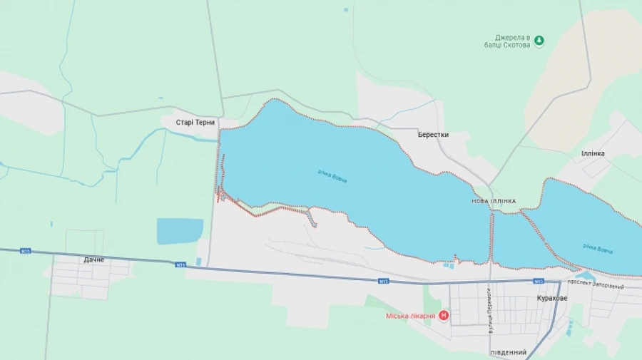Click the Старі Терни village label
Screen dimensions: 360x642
click(195, 123)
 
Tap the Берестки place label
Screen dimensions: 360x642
click(433, 135)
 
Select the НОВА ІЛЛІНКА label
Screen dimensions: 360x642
click(494, 202)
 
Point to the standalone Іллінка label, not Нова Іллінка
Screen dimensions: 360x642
click(592, 153)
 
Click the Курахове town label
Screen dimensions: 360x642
click(551, 298)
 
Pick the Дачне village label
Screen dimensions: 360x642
click(93, 259)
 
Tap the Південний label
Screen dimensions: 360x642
click(509, 353)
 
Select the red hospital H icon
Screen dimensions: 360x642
click(444, 315)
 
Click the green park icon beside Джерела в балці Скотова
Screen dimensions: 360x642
click(539, 41)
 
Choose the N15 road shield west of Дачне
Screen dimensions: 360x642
click(26, 251)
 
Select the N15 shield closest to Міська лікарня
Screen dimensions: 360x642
click(384, 282)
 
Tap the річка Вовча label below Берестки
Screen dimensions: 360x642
click(332, 175)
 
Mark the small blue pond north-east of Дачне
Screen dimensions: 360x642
click(179, 230)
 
